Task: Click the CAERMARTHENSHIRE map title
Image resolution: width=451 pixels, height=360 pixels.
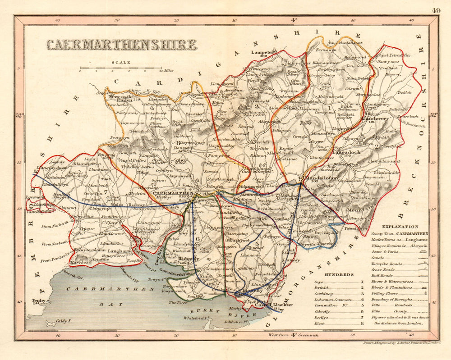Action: pos(122,45)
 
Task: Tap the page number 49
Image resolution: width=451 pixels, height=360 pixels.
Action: pos(436,11)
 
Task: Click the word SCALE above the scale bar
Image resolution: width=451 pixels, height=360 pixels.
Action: pos(122,63)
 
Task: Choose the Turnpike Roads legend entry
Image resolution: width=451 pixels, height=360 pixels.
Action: pos(386,264)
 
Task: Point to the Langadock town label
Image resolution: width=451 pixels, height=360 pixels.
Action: pos(345,152)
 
